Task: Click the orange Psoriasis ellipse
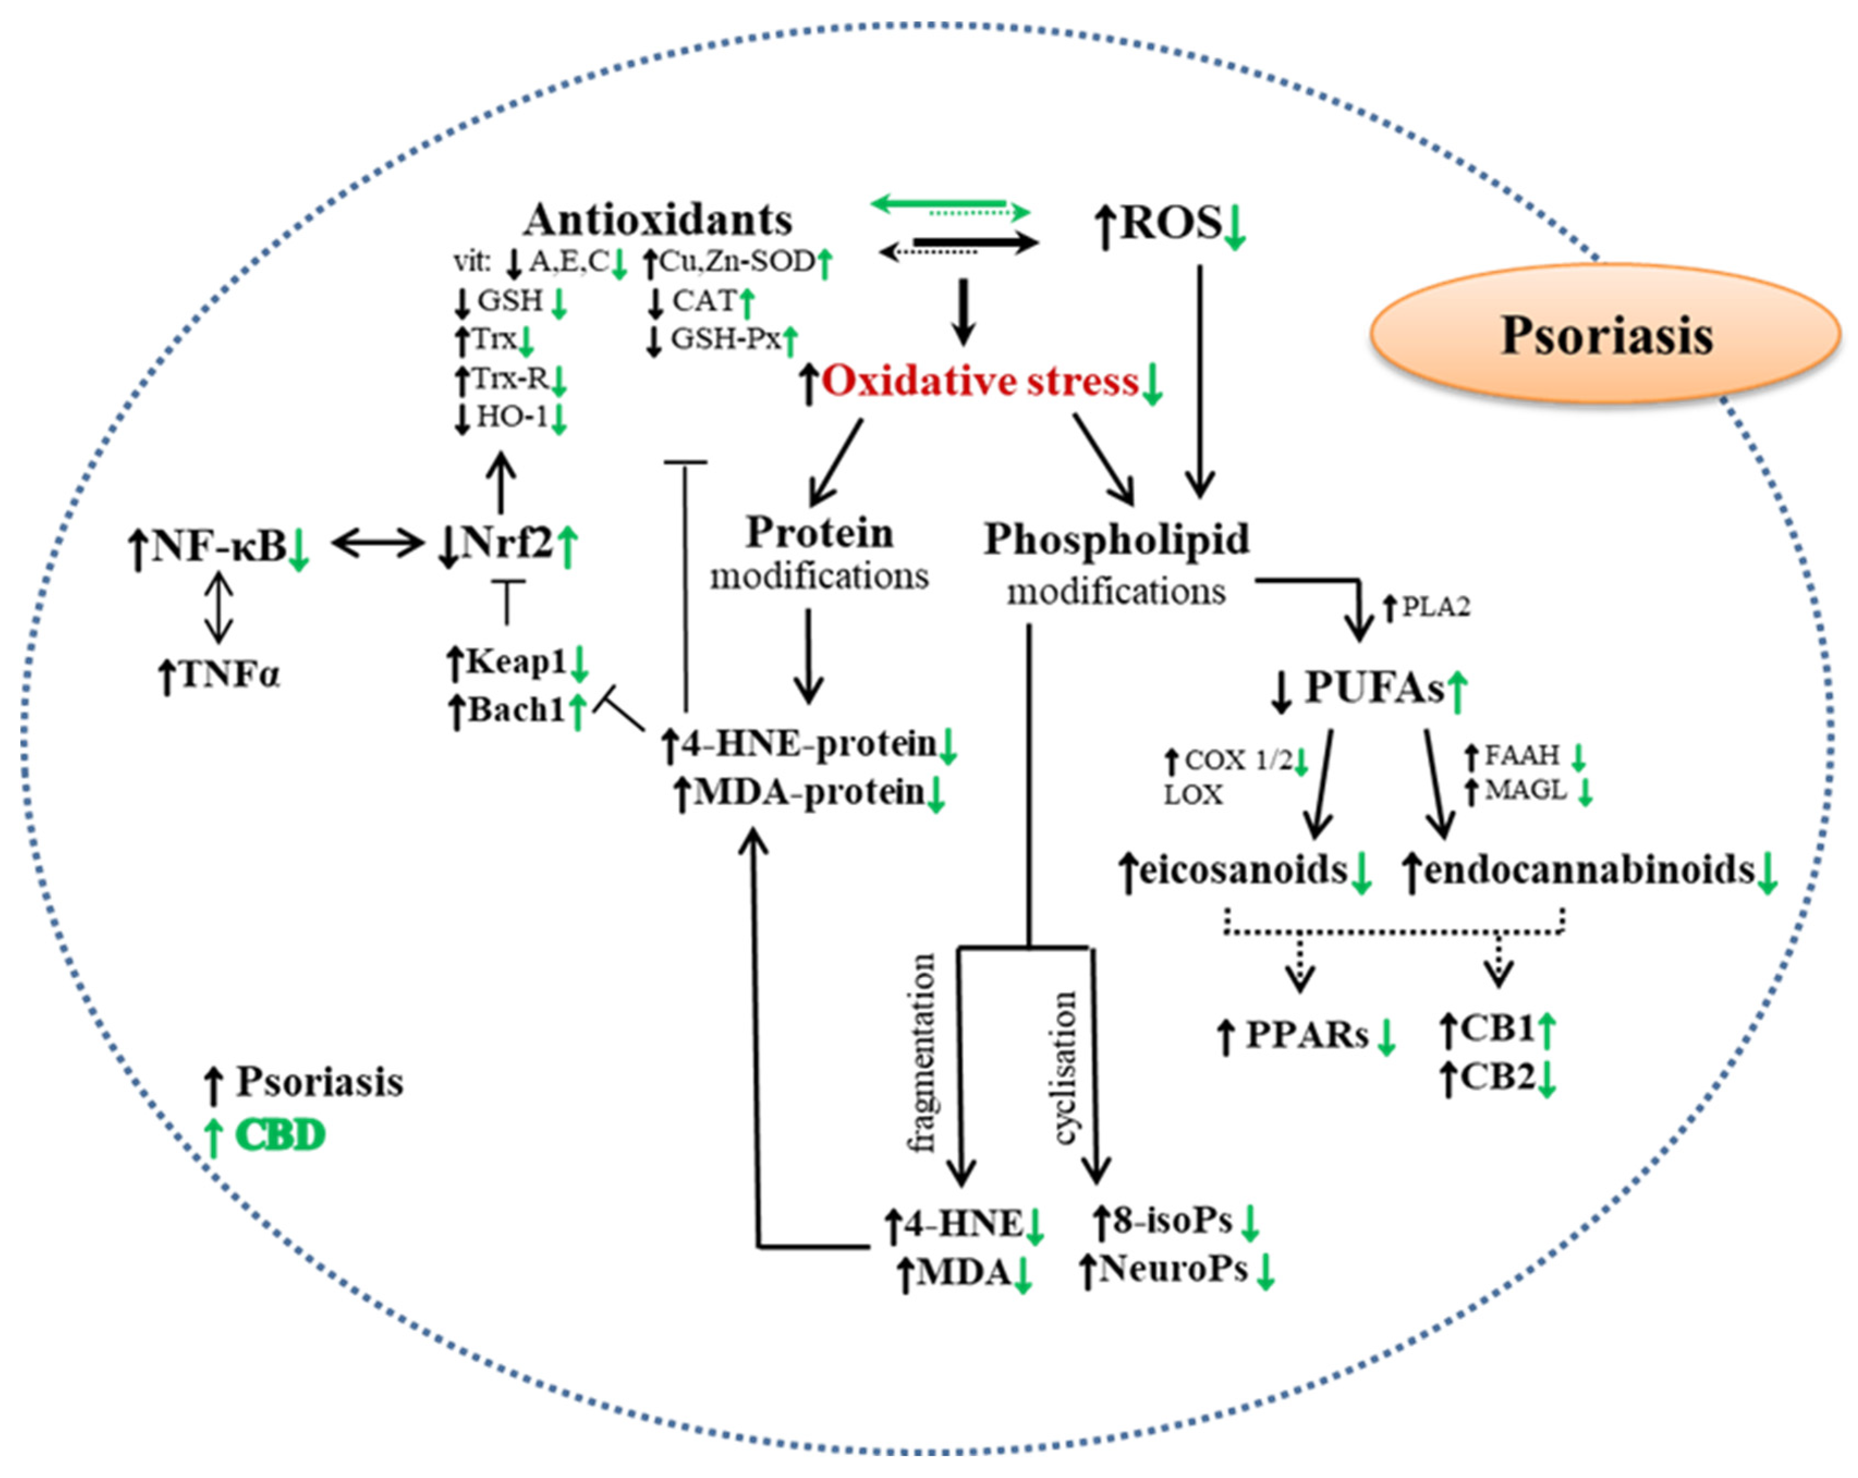pos(1605,334)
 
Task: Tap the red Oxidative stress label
pos(980,381)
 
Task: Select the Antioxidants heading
pos(659,220)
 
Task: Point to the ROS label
pos(1170,223)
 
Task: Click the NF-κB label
pos(219,545)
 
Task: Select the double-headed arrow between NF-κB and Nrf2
pos(379,543)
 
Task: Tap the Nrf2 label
pos(507,543)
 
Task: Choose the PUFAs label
pos(1374,688)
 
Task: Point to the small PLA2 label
pos(1435,607)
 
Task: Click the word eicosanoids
pos(1242,869)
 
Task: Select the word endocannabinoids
pos(1589,869)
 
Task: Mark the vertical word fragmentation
pos(923,1053)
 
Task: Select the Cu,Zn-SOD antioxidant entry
pos(737,261)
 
